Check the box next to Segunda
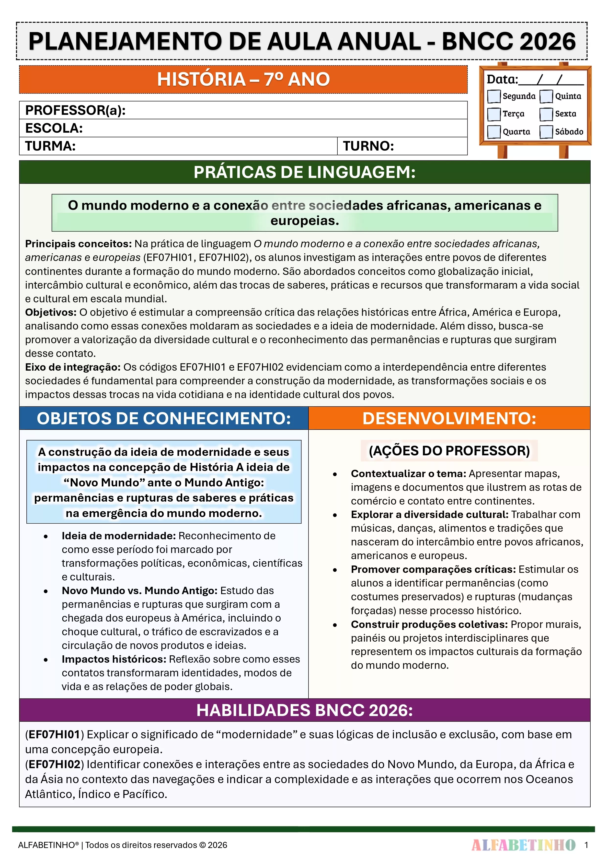494,96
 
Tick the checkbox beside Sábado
546,132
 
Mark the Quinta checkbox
546,96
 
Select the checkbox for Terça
494,114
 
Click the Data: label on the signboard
502,79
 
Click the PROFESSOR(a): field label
75,110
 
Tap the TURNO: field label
368,146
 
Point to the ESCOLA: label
54,128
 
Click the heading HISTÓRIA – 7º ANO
243,79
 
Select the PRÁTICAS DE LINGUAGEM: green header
304,172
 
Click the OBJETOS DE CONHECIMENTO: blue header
164,418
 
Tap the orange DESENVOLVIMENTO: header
449,418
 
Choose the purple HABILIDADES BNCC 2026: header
304,710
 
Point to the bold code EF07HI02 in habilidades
55,764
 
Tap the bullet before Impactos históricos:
46,659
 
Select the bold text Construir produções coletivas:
429,624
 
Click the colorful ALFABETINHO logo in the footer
523,845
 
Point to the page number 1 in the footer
586,845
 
